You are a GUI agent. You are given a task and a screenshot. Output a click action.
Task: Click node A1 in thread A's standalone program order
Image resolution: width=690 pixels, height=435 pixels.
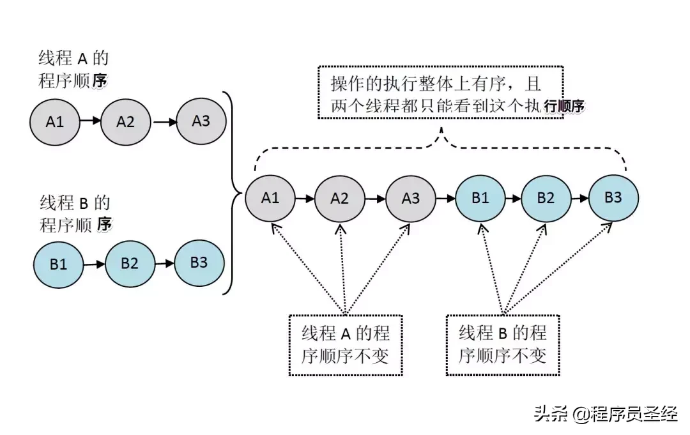(x=55, y=121)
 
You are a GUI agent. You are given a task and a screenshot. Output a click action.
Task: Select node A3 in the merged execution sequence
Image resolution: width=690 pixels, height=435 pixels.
(x=411, y=198)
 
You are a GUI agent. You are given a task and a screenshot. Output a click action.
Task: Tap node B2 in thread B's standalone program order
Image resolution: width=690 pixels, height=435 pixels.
(x=130, y=263)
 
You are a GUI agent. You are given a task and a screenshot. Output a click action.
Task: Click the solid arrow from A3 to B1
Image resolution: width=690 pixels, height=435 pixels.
(x=445, y=198)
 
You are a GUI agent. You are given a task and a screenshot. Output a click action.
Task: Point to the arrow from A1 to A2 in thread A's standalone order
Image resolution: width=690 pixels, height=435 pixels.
(x=90, y=121)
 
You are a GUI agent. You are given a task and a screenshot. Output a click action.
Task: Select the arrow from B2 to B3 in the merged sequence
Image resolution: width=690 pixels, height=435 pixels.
(x=579, y=198)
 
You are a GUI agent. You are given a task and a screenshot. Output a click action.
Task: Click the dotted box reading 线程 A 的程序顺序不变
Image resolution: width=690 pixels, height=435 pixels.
(x=345, y=344)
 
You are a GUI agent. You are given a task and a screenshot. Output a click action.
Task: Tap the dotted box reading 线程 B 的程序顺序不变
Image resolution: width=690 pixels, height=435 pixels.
(x=502, y=344)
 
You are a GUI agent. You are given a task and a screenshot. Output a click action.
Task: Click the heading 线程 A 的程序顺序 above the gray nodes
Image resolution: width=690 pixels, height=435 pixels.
(x=72, y=70)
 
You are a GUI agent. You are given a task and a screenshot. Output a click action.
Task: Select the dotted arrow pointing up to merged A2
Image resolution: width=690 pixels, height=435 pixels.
(x=342, y=268)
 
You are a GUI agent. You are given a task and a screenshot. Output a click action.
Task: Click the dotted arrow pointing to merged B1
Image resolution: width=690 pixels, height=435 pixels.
(x=491, y=268)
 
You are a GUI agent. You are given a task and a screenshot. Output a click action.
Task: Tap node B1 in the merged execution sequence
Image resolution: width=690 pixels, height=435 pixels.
(x=480, y=198)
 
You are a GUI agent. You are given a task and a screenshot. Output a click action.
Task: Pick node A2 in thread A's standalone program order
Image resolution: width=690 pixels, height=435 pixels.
(x=125, y=121)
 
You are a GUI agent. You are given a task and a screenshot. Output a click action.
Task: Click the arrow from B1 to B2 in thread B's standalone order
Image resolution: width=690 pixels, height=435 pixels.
(x=94, y=263)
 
